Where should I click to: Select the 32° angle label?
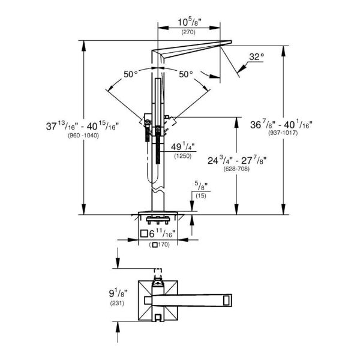pos(257,57)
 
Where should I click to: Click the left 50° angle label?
pos(131,74)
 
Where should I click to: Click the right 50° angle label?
pos(185,74)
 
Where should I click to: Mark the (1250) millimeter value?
pos(182,156)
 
